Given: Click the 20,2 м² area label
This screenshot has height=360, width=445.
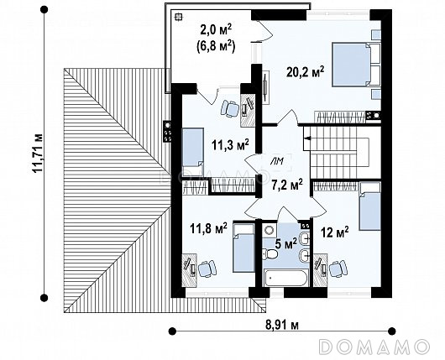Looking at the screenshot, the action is [x=305, y=72].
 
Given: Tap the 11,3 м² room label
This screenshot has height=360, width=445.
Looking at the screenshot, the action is [x=230, y=145].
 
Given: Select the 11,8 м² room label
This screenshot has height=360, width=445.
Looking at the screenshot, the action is [x=208, y=228].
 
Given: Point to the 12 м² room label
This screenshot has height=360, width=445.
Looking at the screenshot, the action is [x=335, y=232].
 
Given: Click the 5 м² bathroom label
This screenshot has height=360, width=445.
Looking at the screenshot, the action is [x=285, y=243].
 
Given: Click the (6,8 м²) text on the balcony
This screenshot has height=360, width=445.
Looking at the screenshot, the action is [x=216, y=46].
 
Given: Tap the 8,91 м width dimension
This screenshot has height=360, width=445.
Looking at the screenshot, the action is [x=282, y=325].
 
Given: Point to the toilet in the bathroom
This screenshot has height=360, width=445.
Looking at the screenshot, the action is [x=270, y=254].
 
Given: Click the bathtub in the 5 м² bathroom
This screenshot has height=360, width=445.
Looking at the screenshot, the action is [x=285, y=277].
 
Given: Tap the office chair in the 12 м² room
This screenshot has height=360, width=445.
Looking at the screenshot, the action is [x=338, y=269].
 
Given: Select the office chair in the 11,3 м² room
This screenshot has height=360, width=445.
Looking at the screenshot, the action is [x=229, y=108].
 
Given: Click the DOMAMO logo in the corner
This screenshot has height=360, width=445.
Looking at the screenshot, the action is [x=374, y=347].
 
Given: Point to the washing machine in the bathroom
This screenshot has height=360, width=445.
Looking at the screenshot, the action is [x=269, y=230].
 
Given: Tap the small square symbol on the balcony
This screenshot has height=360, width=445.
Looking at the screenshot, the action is [x=178, y=17].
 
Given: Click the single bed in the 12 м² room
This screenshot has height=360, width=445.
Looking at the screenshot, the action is [x=369, y=206].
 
